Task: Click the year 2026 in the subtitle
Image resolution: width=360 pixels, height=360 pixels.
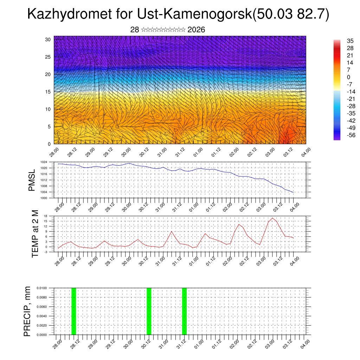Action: click(196, 30)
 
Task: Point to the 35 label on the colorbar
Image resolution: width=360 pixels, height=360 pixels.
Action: click(350, 41)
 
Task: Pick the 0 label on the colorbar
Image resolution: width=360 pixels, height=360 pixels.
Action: click(348, 77)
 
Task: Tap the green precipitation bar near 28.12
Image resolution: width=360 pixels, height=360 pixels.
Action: click(73, 311)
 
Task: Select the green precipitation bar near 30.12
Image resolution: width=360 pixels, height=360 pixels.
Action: click(149, 311)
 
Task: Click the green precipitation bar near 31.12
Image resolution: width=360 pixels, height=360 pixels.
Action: click(184, 311)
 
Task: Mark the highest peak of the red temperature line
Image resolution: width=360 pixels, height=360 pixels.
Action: click(272, 218)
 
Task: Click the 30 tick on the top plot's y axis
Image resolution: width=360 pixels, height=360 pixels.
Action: click(48, 39)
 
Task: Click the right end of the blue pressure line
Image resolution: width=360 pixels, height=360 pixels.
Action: click(293, 192)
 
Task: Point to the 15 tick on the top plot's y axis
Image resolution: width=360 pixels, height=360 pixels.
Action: click(48, 92)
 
